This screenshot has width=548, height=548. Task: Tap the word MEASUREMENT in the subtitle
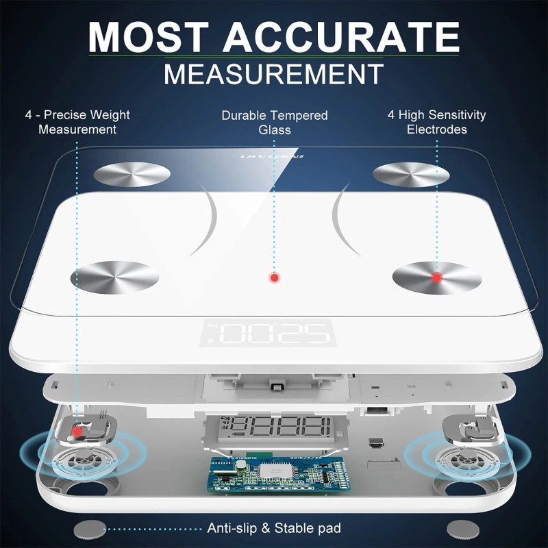coord(273,73)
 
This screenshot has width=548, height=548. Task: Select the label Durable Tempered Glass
coord(275,122)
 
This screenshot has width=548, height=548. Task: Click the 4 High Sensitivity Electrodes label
coord(436,122)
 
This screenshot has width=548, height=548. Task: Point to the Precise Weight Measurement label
coord(77,122)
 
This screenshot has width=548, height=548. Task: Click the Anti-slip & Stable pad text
coord(274,528)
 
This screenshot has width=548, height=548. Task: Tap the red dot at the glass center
coord(274,277)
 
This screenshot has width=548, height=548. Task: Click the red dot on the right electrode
coord(436,277)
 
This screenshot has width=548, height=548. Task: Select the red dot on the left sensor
coord(79,431)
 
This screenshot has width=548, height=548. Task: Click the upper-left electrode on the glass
coord(133,173)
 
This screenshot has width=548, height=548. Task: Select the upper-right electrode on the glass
coord(407,173)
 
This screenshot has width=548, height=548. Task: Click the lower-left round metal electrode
coord(115,277)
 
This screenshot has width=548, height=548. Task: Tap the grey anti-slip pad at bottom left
coord(90,529)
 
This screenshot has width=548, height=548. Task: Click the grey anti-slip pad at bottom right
coord(460,529)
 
